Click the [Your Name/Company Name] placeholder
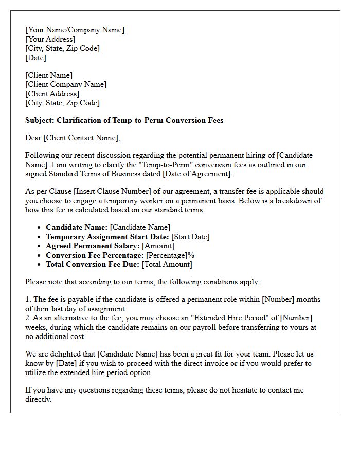click(75, 30)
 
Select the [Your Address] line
click(50, 39)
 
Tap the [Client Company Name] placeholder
click(66, 84)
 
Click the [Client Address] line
click(52, 94)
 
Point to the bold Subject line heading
click(124, 120)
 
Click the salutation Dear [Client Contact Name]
click(72, 137)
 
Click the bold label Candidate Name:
click(77, 227)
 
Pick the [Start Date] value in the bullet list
click(190, 237)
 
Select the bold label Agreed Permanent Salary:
click(93, 246)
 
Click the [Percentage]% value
click(170, 255)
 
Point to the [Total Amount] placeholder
click(167, 264)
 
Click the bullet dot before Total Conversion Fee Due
click(40, 264)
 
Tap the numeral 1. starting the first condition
click(28, 299)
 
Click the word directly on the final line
click(38, 399)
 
